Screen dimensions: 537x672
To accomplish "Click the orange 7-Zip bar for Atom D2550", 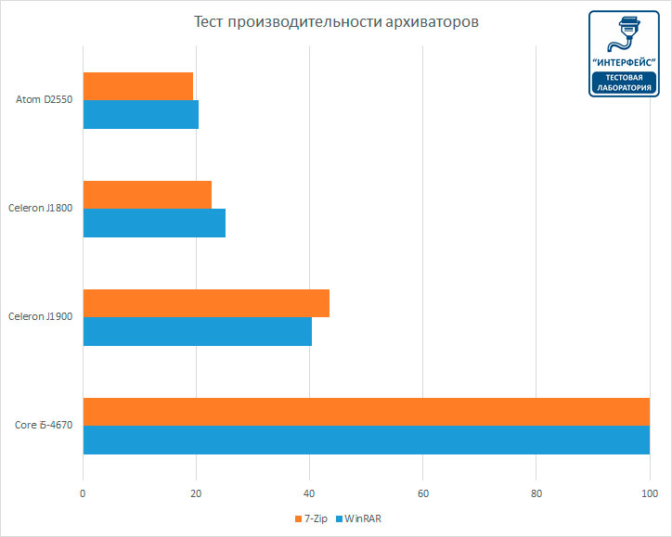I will pyautogui.click(x=138, y=86).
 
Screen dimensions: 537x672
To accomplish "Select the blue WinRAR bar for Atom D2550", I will pyautogui.click(x=141, y=114).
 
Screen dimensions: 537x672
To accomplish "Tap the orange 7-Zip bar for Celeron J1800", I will pyautogui.click(x=148, y=195).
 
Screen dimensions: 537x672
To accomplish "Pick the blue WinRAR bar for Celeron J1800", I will pyautogui.click(x=154, y=223).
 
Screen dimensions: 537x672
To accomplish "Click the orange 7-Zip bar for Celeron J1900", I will pyautogui.click(x=206, y=303).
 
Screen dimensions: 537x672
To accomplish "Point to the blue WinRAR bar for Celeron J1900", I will pyautogui.click(x=198, y=331).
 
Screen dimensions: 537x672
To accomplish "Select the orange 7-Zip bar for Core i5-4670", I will pyautogui.click(x=367, y=412).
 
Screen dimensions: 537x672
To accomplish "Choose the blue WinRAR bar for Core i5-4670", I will pyautogui.click(x=367, y=440).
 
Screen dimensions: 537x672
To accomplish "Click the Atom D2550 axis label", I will pyautogui.click(x=44, y=99).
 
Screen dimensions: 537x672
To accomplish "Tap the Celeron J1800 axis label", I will pyautogui.click(x=40, y=208).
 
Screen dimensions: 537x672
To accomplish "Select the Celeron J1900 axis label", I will pyautogui.click(x=40, y=316).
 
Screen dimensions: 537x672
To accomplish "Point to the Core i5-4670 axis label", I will pyautogui.click(x=44, y=426).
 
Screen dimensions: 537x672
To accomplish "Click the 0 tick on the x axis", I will pyautogui.click(x=84, y=492).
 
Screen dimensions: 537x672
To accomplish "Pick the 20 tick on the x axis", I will pyautogui.click(x=197, y=492).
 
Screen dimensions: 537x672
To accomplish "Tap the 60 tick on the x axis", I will pyautogui.click(x=423, y=492).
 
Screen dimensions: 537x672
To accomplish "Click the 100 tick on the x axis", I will pyautogui.click(x=649, y=492).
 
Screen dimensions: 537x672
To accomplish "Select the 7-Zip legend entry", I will pyautogui.click(x=315, y=518).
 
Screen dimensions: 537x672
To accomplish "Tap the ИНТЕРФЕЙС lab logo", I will pyautogui.click(x=624, y=53).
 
